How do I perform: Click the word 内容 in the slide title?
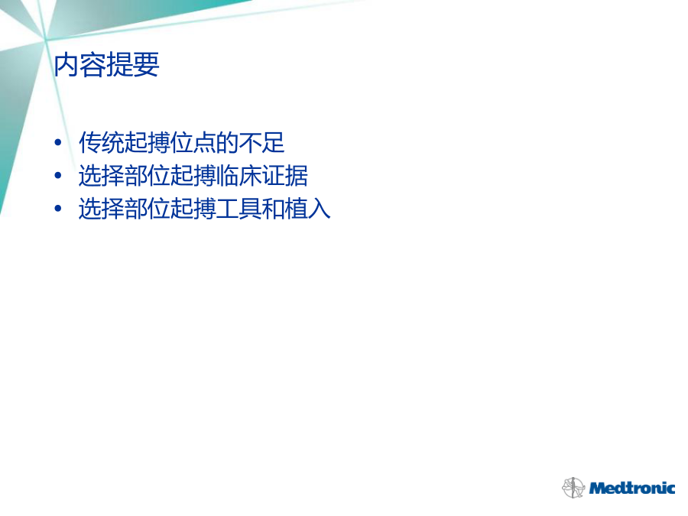tap(80, 65)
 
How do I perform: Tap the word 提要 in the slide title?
tap(132, 65)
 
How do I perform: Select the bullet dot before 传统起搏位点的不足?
tap(58, 142)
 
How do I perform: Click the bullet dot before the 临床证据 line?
tap(58, 176)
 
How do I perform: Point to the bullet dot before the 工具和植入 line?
tap(58, 209)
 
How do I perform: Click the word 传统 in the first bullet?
tap(102, 143)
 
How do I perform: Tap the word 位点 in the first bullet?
tap(193, 143)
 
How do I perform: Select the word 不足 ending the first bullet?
tap(262, 143)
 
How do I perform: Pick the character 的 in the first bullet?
tap(228, 143)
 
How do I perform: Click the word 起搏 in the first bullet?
tap(148, 143)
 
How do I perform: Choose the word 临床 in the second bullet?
tap(239, 176)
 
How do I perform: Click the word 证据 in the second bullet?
tap(285, 176)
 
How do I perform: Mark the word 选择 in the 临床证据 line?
tap(102, 176)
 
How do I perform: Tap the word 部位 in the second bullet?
tap(148, 176)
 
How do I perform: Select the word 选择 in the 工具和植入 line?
tap(102, 209)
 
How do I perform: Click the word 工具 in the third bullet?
tap(239, 209)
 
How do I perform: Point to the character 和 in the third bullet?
tap(274, 209)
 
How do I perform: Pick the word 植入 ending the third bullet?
tap(307, 209)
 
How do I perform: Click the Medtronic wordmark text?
tap(632, 488)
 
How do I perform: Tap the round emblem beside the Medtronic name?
tap(573, 488)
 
